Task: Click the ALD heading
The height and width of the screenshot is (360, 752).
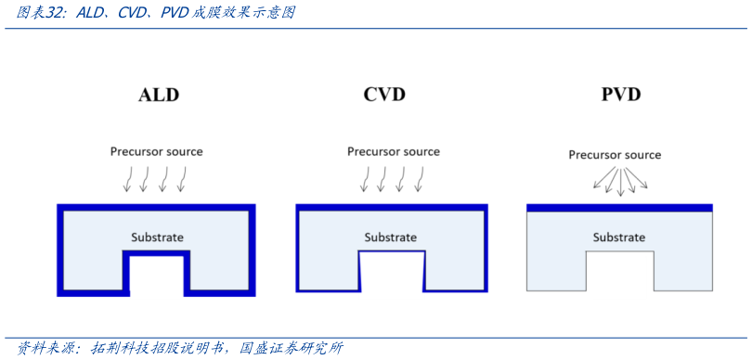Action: tap(158, 95)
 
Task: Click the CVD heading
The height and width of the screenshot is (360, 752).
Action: tap(384, 95)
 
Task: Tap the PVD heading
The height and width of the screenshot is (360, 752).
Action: tap(621, 95)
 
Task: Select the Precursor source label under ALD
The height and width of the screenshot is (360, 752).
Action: tap(156, 151)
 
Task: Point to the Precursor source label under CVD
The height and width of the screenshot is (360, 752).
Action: tap(394, 151)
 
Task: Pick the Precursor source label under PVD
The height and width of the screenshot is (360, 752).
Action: tap(615, 155)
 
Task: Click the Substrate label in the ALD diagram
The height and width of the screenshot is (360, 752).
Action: tap(157, 237)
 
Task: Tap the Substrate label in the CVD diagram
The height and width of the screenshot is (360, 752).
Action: tap(391, 238)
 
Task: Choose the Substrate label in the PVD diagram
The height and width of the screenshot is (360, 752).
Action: tap(619, 238)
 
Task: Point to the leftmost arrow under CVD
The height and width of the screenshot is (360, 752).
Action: tap(364, 179)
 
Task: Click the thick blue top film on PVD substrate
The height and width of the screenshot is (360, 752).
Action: tap(619, 208)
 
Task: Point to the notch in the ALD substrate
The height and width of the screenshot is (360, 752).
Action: tap(157, 276)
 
